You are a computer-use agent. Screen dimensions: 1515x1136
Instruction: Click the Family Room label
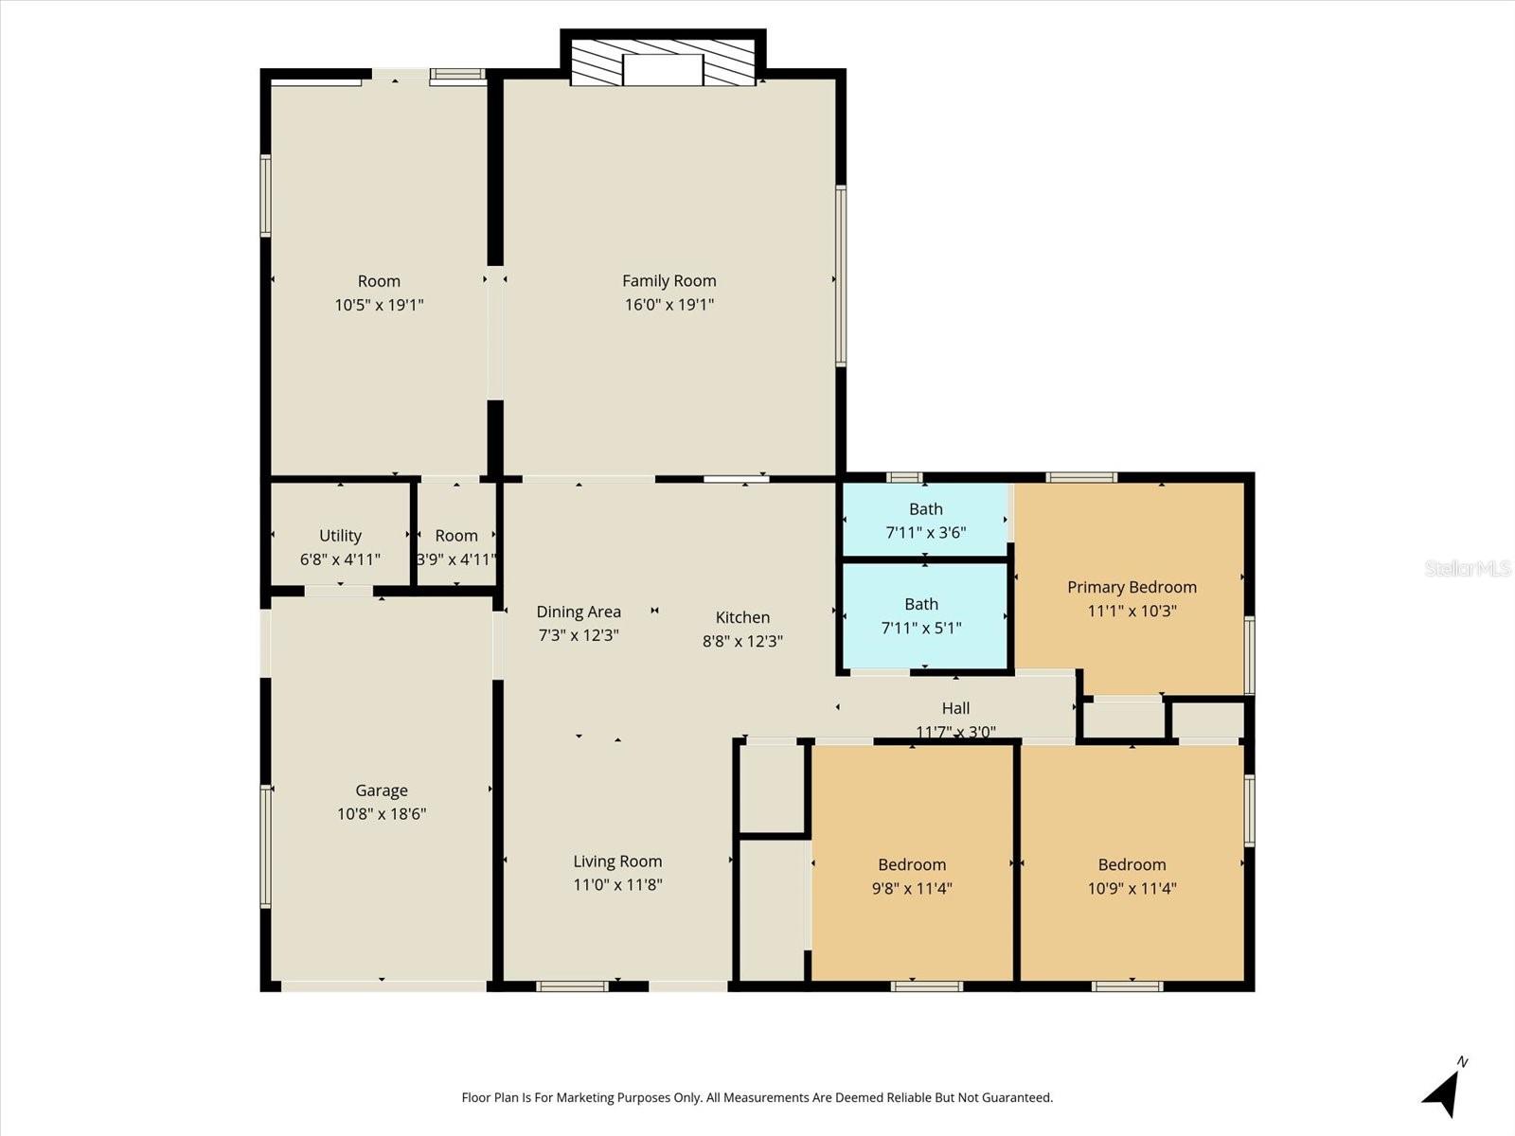pyautogui.click(x=668, y=281)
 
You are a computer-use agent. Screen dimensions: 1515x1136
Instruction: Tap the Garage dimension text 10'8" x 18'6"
pyautogui.click(x=382, y=814)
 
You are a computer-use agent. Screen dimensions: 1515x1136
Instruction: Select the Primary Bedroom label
pyautogui.click(x=1132, y=587)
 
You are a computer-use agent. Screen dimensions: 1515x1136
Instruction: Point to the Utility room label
pyautogui.click(x=340, y=536)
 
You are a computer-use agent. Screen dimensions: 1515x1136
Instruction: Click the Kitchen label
pyautogui.click(x=742, y=617)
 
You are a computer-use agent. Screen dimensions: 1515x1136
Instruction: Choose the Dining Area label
pyautogui.click(x=579, y=612)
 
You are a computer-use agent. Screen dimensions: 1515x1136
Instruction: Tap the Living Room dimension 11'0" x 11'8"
pyautogui.click(x=617, y=884)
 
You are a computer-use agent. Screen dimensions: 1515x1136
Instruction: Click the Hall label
pyautogui.click(x=956, y=708)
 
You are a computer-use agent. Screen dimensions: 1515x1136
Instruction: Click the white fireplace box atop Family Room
pyautogui.click(x=663, y=70)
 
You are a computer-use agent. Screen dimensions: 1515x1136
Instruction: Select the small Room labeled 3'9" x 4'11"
pyautogui.click(x=456, y=536)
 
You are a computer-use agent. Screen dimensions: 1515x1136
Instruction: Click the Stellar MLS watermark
pyautogui.click(x=1468, y=568)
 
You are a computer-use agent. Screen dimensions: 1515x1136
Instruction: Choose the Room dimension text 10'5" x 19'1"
pyautogui.click(x=379, y=305)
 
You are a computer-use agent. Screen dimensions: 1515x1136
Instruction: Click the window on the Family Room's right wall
pyautogui.click(x=841, y=275)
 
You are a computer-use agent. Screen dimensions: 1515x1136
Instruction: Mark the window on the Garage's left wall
pyautogui.click(x=266, y=845)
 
